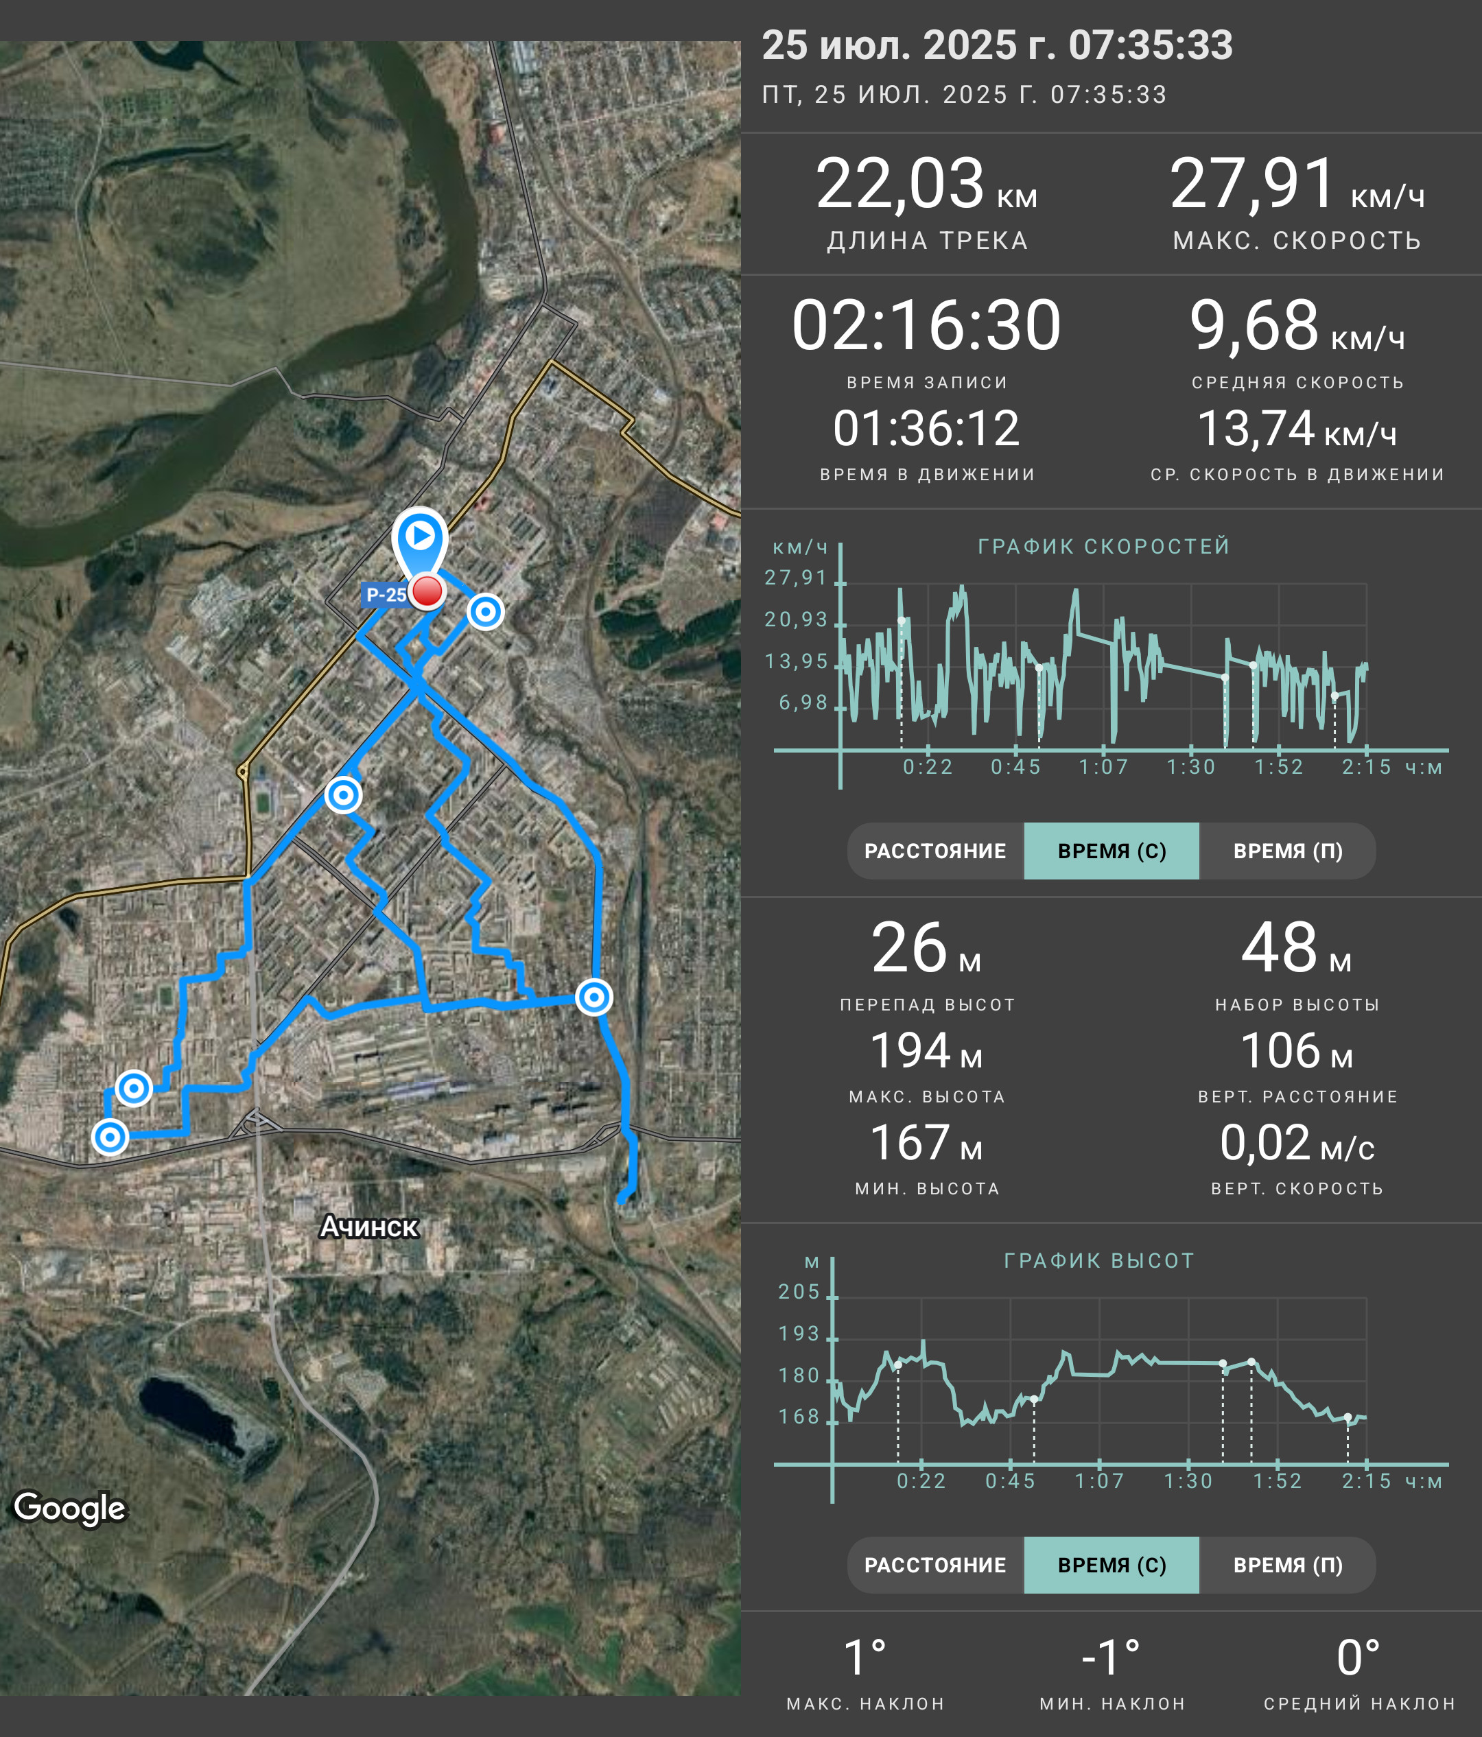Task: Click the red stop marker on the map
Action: pos(427,591)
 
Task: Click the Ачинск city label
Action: pos(369,1227)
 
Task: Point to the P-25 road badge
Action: pos(386,594)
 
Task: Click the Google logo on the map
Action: pos(71,1508)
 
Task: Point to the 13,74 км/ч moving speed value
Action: pos(1297,429)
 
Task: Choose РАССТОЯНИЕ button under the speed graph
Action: pos(935,851)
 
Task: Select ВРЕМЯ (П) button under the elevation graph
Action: pos(1288,1565)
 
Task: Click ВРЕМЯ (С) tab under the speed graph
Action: pos(1111,851)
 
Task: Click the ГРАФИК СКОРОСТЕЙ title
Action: pos(1104,547)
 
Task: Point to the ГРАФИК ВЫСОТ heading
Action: pos(1099,1261)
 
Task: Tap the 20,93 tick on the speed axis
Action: pos(795,619)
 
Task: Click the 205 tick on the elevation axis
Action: pos(799,1292)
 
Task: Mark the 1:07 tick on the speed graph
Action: pos(1103,767)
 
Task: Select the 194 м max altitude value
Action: pos(926,1050)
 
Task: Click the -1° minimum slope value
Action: pos(1111,1658)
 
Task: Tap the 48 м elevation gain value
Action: pos(1297,948)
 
